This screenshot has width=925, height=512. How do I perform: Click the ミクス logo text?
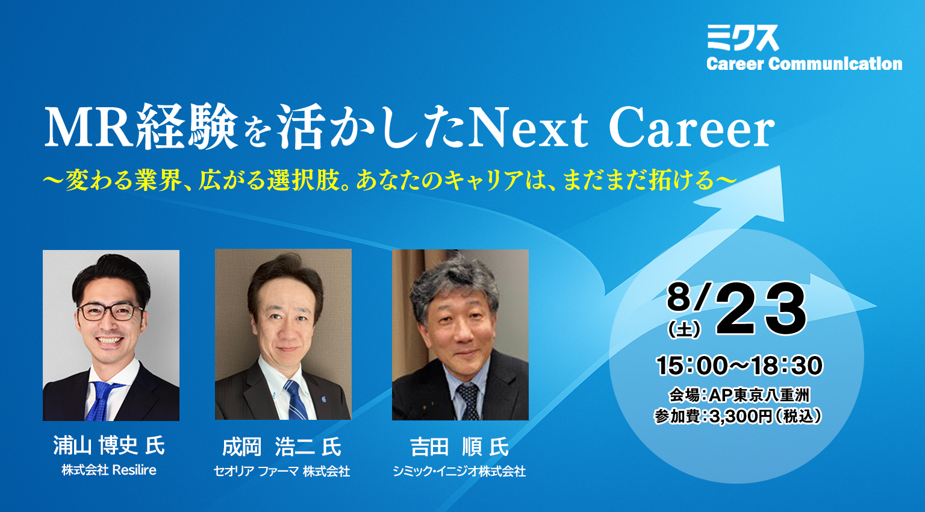click(x=743, y=38)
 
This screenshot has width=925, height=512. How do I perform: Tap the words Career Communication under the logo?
click(x=804, y=64)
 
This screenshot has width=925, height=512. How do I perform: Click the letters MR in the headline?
click(x=88, y=127)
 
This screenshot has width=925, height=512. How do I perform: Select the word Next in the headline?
click(x=528, y=127)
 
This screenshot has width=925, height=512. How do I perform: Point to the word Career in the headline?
click(x=691, y=127)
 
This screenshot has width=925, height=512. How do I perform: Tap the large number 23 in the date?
click(x=761, y=309)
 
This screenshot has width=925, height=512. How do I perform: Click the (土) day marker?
click(x=684, y=329)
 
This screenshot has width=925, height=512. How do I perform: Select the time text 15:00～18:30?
click(x=739, y=366)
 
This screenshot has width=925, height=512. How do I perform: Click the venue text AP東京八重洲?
click(x=759, y=396)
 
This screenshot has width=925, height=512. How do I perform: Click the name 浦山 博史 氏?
click(x=110, y=446)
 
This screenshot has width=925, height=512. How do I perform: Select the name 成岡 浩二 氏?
click(x=282, y=447)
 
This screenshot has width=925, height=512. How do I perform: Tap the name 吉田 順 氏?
click(x=459, y=447)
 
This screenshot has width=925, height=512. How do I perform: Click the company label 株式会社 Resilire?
click(x=109, y=470)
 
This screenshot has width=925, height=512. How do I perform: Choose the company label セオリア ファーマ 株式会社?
click(x=282, y=471)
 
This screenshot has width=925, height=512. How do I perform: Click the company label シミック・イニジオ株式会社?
click(x=459, y=471)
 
